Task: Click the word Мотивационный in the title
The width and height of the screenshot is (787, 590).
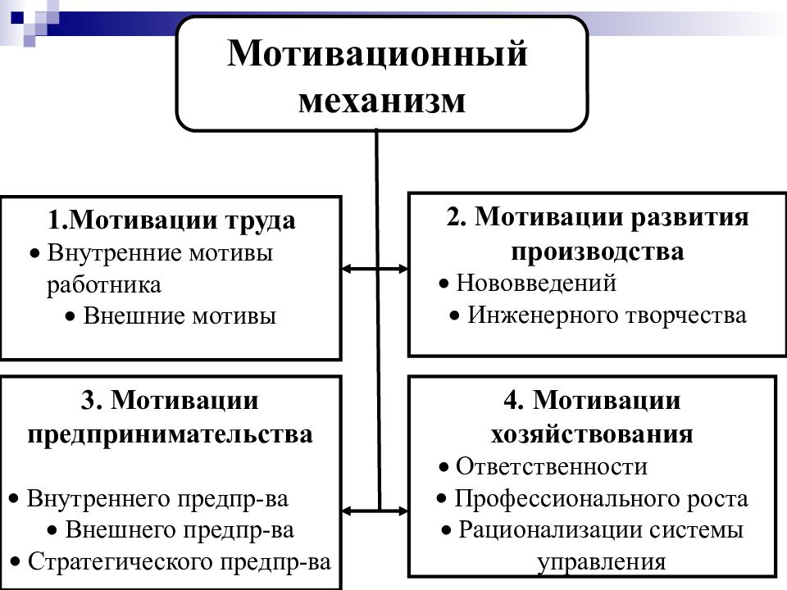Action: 377,54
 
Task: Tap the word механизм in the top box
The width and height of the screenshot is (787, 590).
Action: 382,100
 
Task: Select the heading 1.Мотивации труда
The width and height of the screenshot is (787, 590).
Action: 171,220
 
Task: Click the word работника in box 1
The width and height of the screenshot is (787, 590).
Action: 104,285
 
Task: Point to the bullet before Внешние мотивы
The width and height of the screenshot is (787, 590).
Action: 71,317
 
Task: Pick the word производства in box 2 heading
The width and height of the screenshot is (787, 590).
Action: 598,252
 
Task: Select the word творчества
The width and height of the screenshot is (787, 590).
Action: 686,315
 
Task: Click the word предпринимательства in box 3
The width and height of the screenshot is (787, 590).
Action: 170,435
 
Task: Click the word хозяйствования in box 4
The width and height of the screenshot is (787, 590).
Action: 592,434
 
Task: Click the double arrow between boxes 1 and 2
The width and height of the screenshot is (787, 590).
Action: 375,269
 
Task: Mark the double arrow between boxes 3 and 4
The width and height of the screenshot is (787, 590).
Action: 375,511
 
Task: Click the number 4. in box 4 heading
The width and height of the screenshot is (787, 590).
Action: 514,402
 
